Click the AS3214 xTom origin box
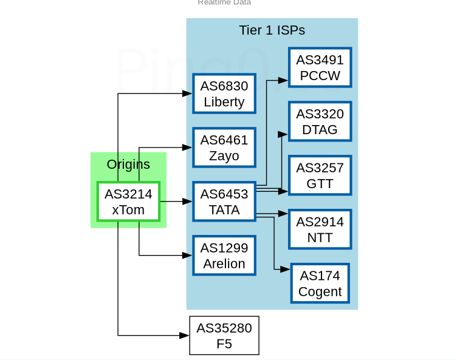coord(128,202)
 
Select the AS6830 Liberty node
coord(224,93)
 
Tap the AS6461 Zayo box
coord(224,148)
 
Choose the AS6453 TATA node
coord(224,202)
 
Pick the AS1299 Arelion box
coord(224,256)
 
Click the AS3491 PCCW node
coord(320,67)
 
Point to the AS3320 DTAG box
coord(320,121)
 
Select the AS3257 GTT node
coord(320,175)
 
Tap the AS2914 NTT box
coord(320,229)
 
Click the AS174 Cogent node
coord(320,283)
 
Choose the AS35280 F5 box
coord(224,336)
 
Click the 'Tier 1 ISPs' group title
coord(272,30)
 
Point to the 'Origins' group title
coord(128,164)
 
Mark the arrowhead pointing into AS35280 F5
coord(185,335)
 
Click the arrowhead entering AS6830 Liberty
coord(188,93)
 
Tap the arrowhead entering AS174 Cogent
coord(286,269)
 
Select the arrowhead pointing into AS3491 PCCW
coord(283,80)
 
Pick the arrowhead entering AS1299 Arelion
coord(188,256)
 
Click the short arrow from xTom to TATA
coord(176,202)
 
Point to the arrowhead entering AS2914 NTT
coord(283,214)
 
